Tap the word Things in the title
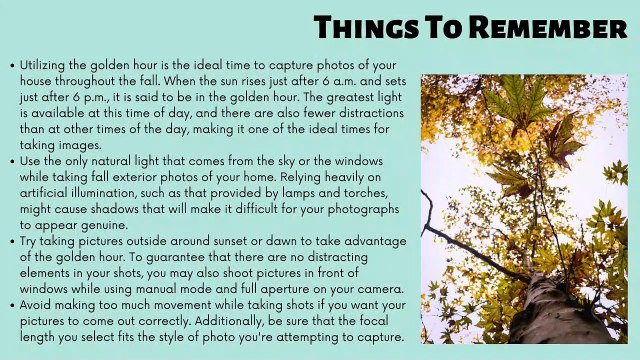coord(361,28)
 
